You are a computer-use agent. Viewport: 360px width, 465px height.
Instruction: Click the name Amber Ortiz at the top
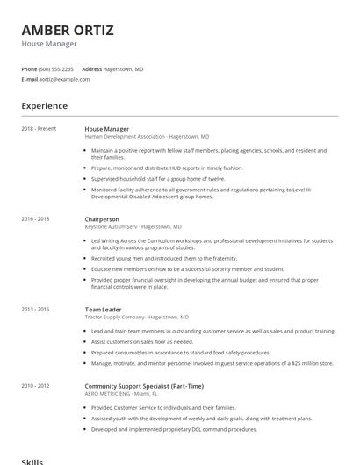(68, 31)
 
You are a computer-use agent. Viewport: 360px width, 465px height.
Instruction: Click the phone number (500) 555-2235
(56, 68)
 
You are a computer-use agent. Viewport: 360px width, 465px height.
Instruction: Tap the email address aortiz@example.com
(64, 79)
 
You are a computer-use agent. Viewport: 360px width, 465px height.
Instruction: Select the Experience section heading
(45, 106)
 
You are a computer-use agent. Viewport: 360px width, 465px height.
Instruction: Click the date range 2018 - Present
(39, 129)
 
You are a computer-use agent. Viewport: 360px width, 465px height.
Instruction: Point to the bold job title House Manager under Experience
(106, 129)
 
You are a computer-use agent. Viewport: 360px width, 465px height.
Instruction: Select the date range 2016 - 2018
(35, 218)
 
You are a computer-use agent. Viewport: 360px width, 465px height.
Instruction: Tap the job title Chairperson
(102, 218)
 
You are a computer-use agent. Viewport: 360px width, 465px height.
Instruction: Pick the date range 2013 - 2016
(35, 309)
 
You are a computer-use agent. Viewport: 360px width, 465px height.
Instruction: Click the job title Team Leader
(104, 309)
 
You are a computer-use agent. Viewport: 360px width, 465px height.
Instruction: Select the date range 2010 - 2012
(35, 385)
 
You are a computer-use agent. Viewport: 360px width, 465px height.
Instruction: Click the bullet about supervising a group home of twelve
(157, 178)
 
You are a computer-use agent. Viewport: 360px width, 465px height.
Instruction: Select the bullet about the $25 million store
(211, 362)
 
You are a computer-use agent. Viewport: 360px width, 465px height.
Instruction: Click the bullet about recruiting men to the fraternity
(163, 259)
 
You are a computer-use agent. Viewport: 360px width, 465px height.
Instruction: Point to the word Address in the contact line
(91, 68)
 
